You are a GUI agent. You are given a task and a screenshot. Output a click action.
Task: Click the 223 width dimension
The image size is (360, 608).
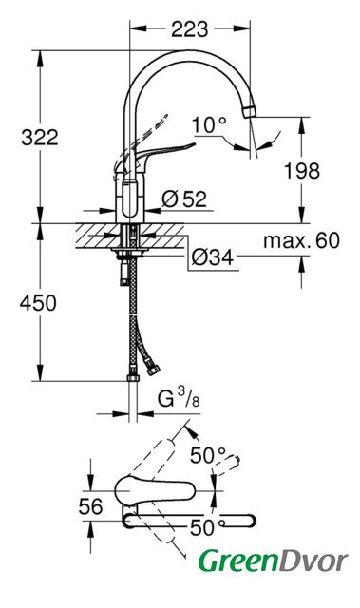(189, 29)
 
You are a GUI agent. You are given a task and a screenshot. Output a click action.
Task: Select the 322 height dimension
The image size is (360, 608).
(40, 137)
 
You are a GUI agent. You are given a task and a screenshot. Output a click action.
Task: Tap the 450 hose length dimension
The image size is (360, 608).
(38, 303)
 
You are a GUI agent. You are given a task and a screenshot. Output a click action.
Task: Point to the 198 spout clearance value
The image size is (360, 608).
(302, 171)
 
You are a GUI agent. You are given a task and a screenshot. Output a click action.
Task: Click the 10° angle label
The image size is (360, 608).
(209, 125)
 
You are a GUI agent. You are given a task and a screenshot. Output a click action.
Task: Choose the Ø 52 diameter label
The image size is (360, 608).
(184, 199)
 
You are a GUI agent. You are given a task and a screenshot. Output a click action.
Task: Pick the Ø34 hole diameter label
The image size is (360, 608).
(213, 257)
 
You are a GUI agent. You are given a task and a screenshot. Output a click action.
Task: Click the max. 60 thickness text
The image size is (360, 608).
(301, 240)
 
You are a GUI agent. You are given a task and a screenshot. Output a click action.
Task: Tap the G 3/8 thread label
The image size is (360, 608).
(179, 398)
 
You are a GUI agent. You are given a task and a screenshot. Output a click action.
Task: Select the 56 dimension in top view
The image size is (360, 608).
(91, 506)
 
